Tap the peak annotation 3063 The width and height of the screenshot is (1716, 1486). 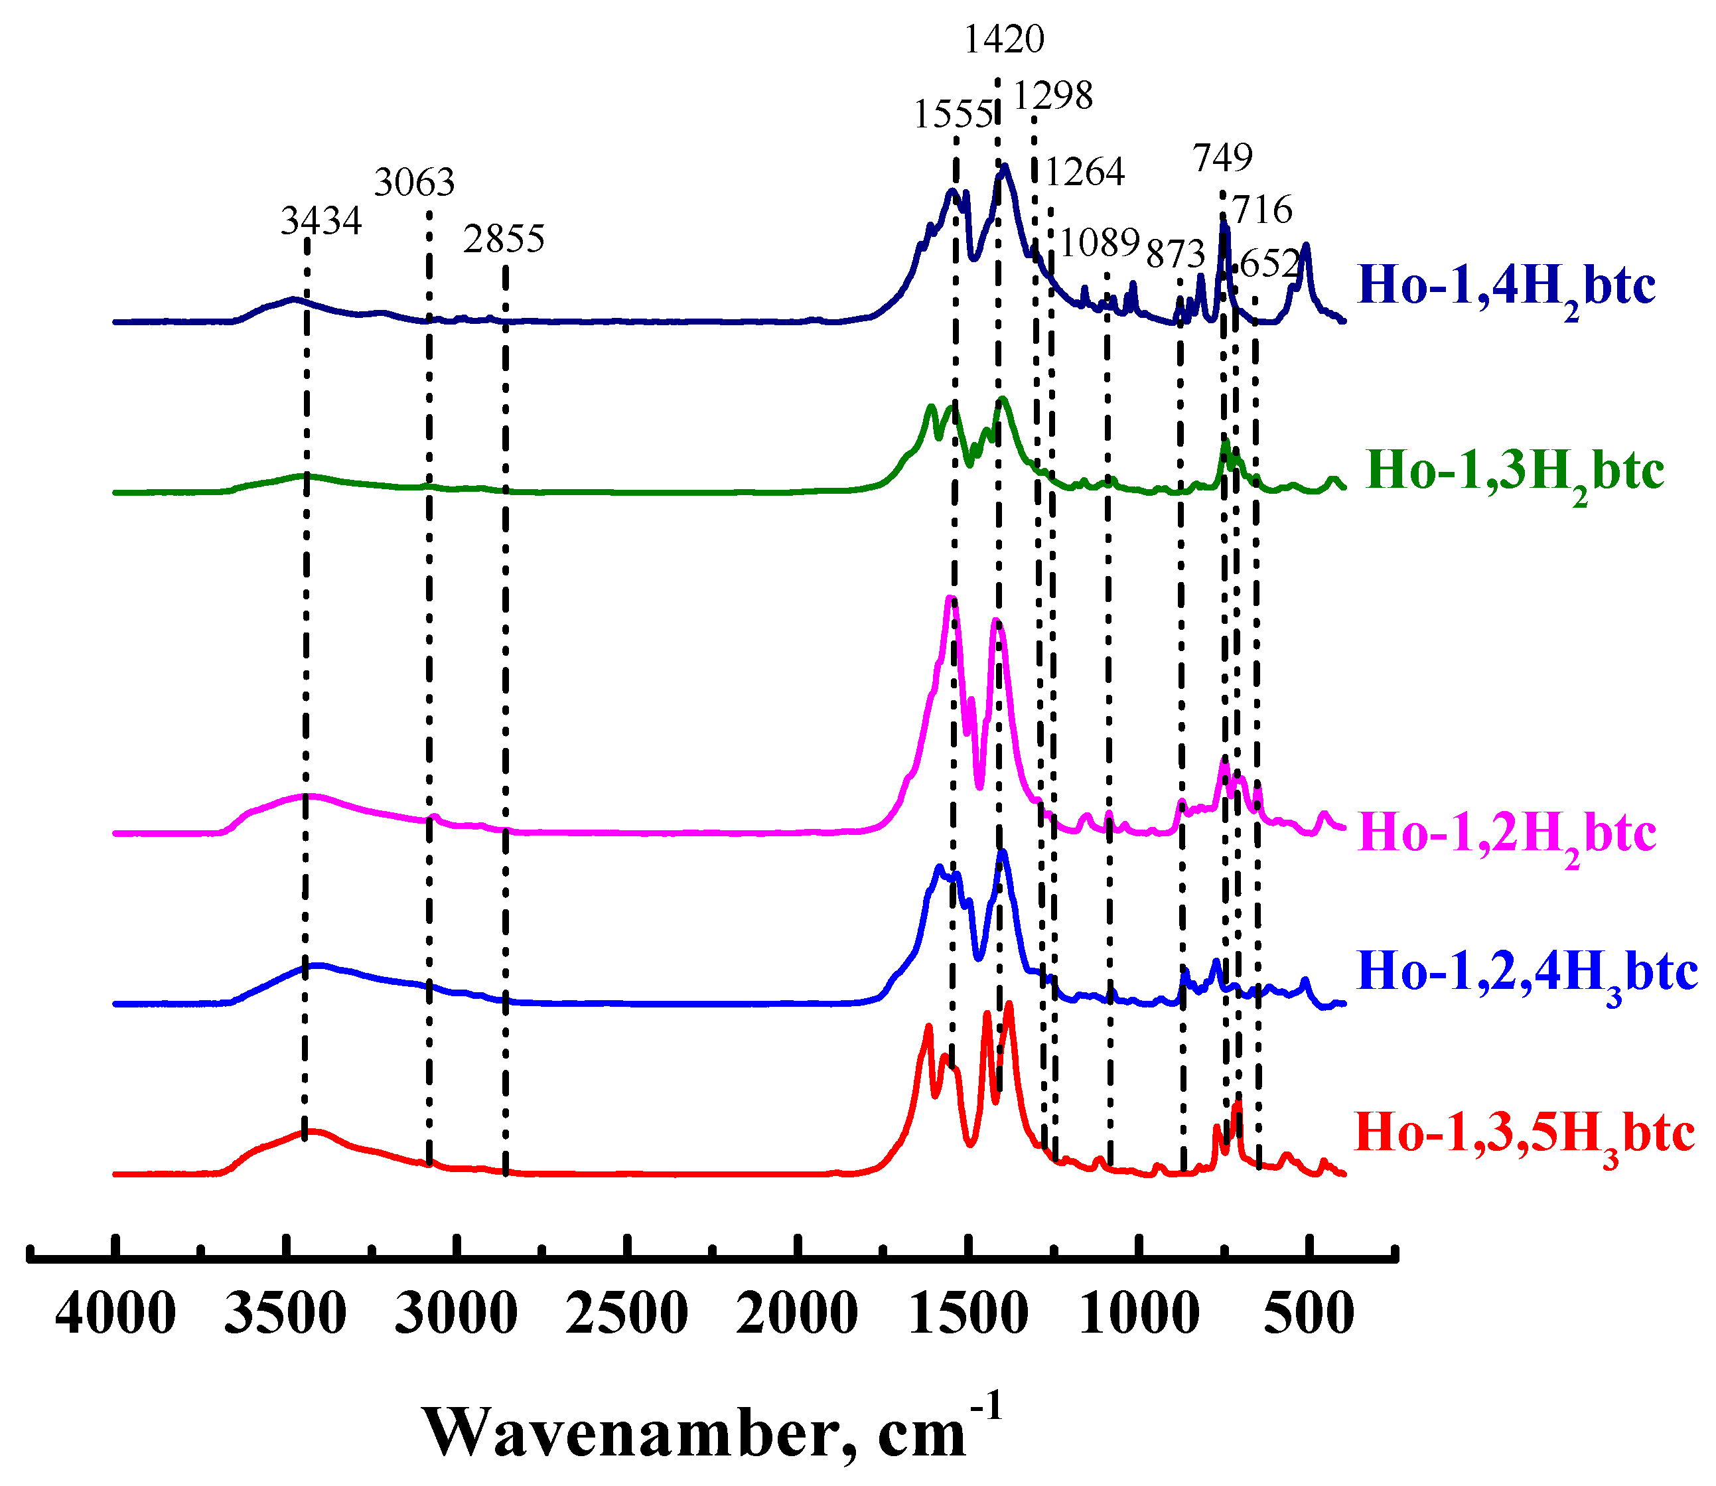(x=415, y=183)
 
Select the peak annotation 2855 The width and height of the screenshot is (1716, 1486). (x=504, y=240)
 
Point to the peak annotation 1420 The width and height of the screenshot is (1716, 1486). (x=1004, y=39)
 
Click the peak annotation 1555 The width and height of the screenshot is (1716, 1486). (x=952, y=114)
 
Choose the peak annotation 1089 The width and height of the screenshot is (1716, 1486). (x=1100, y=244)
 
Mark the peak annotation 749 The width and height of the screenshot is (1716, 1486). (x=1223, y=157)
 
